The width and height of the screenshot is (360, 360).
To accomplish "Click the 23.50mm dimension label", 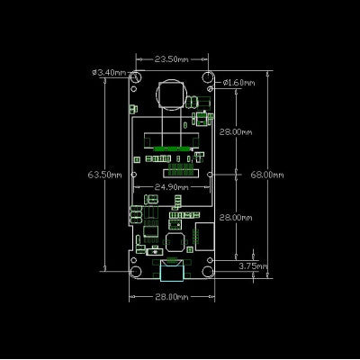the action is click(x=172, y=59).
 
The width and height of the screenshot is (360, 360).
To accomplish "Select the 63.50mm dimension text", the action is click(x=105, y=175).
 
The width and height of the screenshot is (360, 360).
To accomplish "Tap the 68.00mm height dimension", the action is click(x=267, y=175).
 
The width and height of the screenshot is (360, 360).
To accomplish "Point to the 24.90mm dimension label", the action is click(x=172, y=187).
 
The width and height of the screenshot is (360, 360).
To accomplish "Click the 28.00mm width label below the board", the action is click(x=172, y=297).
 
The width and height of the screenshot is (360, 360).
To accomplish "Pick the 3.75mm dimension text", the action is click(x=253, y=266).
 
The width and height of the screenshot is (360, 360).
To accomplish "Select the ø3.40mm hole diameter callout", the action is click(x=109, y=72).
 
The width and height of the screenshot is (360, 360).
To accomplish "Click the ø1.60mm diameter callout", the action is click(x=238, y=83).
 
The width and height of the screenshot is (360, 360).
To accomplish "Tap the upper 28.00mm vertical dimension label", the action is click(x=236, y=131).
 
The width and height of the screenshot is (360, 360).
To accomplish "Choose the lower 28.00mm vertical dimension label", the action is click(x=236, y=218).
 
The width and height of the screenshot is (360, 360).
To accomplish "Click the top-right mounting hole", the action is click(x=208, y=77).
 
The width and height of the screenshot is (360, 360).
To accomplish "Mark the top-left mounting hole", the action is click(x=137, y=77).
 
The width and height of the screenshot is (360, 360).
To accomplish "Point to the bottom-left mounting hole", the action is click(x=136, y=271).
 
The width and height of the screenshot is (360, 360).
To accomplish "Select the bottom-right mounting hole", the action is click(x=208, y=271).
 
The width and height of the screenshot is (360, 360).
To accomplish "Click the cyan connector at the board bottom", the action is click(x=172, y=271).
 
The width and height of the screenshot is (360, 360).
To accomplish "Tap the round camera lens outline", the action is click(x=156, y=94).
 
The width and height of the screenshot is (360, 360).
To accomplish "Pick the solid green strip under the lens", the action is click(x=172, y=148).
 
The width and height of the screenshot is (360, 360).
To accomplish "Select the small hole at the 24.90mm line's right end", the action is click(x=211, y=175).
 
